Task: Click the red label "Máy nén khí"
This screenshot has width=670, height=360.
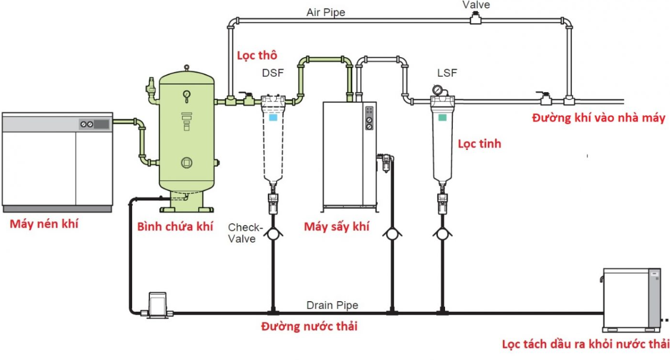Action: click(x=44, y=224)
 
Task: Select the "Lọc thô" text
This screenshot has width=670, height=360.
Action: click(x=257, y=55)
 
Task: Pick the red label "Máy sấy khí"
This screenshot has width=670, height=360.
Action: click(x=336, y=226)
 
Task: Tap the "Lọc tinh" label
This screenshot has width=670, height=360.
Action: click(x=479, y=143)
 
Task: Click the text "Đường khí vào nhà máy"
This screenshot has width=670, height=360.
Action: click(x=598, y=118)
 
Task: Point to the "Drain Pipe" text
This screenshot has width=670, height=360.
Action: click(x=332, y=305)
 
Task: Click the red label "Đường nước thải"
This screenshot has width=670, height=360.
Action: click(x=309, y=326)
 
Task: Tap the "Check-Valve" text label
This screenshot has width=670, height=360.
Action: click(x=245, y=233)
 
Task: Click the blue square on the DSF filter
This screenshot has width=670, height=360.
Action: click(x=273, y=118)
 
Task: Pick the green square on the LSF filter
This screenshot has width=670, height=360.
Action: click(x=441, y=118)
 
